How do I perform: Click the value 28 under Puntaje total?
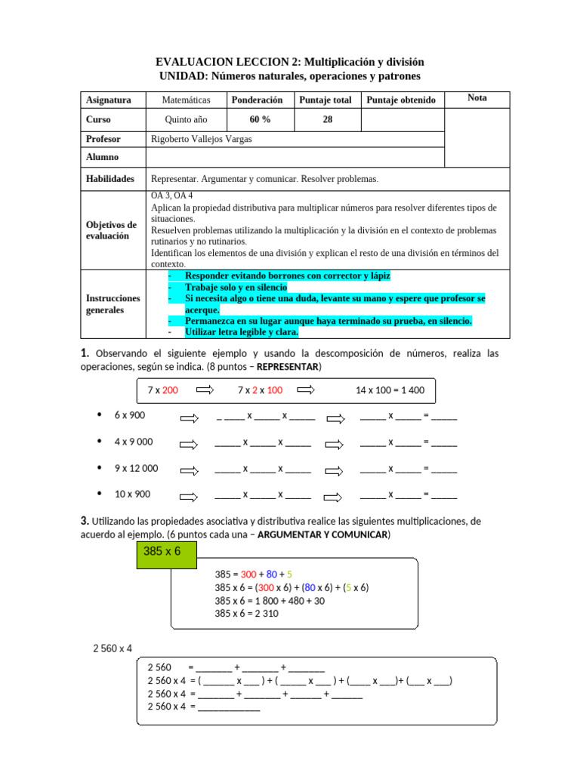pyautogui.click(x=327, y=119)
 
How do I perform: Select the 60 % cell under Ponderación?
pyautogui.click(x=260, y=119)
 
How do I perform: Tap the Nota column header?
pyautogui.click(x=477, y=98)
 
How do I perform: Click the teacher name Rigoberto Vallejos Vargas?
pyautogui.click(x=201, y=139)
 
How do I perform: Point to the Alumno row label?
pyautogui.click(x=102, y=157)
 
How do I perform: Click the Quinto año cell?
pyautogui.click(x=186, y=119)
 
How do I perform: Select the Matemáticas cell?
pyautogui.click(x=186, y=100)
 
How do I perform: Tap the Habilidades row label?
pyautogui.click(x=110, y=179)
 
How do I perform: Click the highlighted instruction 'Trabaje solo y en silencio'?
pyautogui.click(x=236, y=288)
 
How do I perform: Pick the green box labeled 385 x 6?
pyautogui.click(x=162, y=551)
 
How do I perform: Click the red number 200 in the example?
pyautogui.click(x=170, y=390)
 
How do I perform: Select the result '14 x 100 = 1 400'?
pyautogui.click(x=390, y=390)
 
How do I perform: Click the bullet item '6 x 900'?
pyautogui.click(x=129, y=415)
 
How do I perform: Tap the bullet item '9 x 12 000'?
pyautogui.click(x=136, y=468)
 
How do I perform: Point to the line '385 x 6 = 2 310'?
pyautogui.click(x=247, y=614)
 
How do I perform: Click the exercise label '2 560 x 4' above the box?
pyautogui.click(x=113, y=648)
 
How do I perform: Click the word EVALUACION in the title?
pyautogui.click(x=191, y=61)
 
